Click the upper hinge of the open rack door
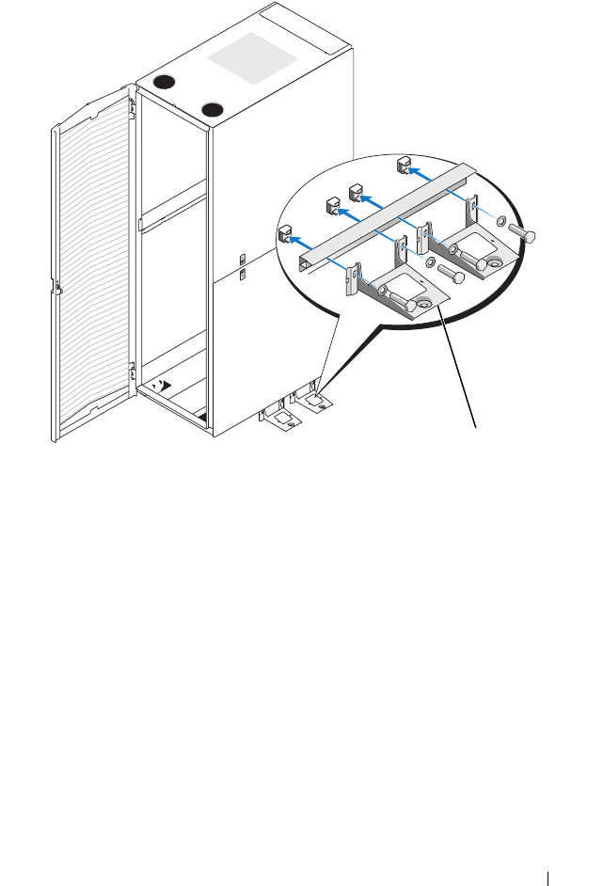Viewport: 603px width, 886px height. click(133, 106)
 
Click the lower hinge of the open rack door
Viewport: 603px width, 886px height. click(134, 370)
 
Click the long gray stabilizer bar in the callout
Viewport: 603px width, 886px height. click(386, 215)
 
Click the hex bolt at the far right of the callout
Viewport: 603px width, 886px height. click(522, 236)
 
